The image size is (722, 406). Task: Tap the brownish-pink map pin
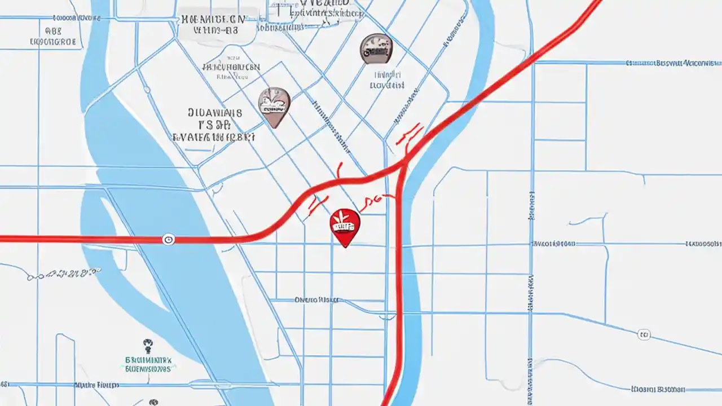click(274, 105)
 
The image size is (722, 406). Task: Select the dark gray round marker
click(376, 48)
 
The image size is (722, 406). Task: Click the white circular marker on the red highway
click(168, 240)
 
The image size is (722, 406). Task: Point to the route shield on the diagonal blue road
click(644, 335)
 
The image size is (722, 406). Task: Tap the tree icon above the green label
click(148, 343)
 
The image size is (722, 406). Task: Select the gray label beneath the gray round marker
click(387, 80)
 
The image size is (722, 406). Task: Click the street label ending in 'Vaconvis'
click(673, 63)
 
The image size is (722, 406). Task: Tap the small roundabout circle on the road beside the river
click(147, 90)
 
